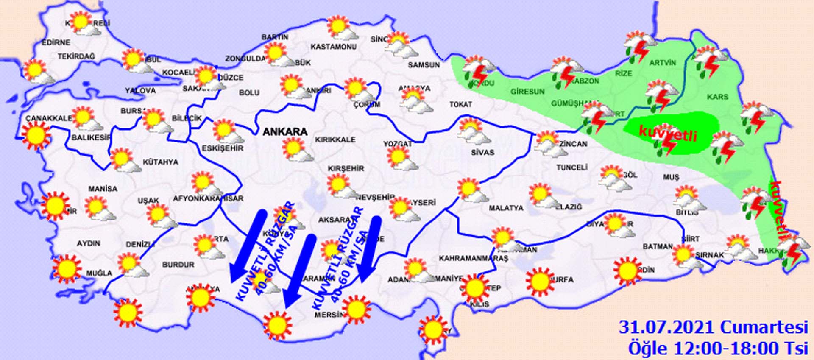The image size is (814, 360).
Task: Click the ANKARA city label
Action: tap(285, 131)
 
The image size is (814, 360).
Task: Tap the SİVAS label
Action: tap(482, 152)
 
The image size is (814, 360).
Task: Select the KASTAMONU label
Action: tap(333, 47)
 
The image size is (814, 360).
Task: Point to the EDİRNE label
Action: tap(56, 42)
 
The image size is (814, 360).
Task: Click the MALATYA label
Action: tap(506, 208)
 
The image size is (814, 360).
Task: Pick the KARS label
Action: tap(717, 97)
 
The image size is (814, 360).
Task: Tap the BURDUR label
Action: tap(178, 265)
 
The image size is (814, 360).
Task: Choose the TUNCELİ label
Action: tap(571, 167)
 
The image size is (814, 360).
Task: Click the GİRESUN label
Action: tap(527, 91)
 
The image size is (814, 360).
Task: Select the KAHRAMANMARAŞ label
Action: tap(473, 258)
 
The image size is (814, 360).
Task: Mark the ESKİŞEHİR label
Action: tap(223, 148)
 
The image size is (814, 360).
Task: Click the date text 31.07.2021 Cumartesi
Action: tap(713, 328)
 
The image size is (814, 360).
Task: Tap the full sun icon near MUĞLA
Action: tap(67, 268)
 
